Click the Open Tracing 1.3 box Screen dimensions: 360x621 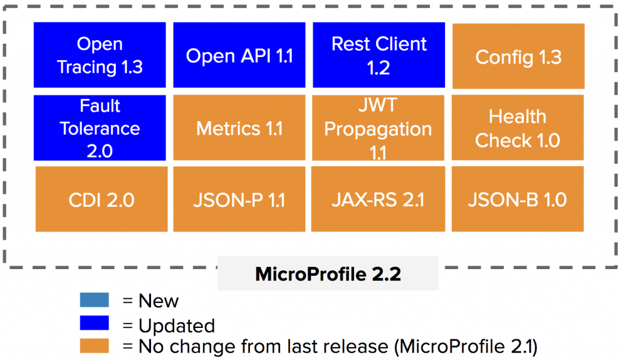click(99, 55)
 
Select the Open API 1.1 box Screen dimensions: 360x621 click(239, 56)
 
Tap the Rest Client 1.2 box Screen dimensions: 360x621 click(379, 55)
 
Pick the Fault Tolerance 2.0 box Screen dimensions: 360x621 click(99, 128)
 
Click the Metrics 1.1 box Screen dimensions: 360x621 click(239, 128)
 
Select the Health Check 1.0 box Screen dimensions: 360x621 click(518, 128)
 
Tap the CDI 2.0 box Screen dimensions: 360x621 click(101, 199)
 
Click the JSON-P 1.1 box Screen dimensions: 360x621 click(239, 199)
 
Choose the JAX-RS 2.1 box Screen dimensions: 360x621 click(379, 199)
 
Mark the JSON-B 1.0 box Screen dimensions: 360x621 click(518, 199)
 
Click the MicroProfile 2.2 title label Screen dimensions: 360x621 click(328, 274)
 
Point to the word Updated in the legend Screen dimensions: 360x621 click(176, 325)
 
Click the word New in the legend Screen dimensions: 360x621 click(158, 301)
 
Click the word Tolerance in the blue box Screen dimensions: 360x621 click(99, 128)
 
